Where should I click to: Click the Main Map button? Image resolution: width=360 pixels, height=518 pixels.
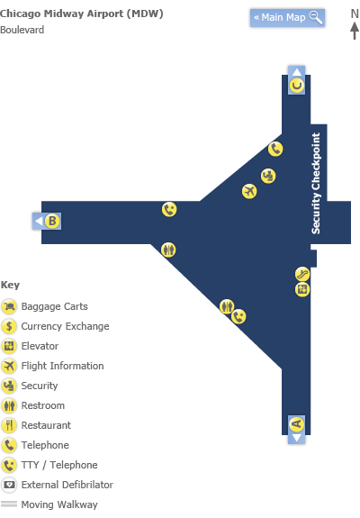pos(287,17)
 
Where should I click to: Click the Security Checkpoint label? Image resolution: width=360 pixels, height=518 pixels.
pos(316,184)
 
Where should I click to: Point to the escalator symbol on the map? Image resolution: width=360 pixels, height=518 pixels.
pos(302,274)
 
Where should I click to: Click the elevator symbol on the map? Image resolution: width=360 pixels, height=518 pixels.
pos(302,290)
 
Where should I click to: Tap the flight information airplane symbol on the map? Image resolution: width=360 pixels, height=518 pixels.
pos(249,191)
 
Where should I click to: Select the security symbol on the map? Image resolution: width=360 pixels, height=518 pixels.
pos(268,176)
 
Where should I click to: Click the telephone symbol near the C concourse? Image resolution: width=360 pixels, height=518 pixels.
pos(275,149)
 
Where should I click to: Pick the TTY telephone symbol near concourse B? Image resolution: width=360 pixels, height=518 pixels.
pos(169,209)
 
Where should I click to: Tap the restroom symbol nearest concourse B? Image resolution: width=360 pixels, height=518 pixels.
pos(168,250)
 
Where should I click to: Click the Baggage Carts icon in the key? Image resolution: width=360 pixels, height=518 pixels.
pos(9,306)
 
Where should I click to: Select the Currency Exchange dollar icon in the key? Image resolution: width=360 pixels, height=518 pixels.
pos(9,326)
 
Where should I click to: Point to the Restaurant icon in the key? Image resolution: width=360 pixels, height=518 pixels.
pos(9,425)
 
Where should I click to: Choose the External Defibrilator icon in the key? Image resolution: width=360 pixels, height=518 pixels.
pos(9,485)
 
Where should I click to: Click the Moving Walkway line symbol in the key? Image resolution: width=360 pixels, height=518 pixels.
pos(9,504)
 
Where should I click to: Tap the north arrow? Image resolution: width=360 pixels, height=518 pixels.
pos(355,31)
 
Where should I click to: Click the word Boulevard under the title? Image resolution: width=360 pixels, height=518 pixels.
pos(22,30)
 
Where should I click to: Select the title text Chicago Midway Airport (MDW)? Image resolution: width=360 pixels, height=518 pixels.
pos(82,14)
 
